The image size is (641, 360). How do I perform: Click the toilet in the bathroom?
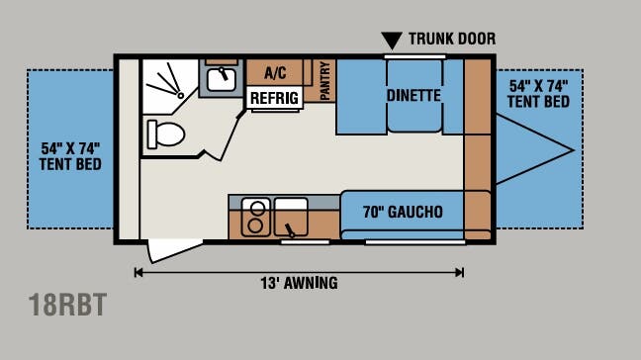point(165,135)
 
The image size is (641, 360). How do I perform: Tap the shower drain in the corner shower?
point(180,95)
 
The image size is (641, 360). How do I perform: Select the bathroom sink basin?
point(222,80)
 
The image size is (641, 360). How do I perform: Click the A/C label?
point(275,73)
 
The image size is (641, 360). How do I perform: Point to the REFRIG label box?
point(274,98)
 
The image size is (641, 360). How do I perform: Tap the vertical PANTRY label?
point(324,80)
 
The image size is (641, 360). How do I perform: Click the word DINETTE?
point(413,96)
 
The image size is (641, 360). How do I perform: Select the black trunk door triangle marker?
point(392,41)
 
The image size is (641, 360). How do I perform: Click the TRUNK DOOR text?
point(452,39)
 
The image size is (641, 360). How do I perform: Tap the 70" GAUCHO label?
point(403,212)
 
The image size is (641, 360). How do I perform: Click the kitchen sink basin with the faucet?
point(291,217)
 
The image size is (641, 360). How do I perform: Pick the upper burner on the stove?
point(257,209)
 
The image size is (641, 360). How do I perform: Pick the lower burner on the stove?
point(255,225)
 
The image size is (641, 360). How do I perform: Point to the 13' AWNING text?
point(300,283)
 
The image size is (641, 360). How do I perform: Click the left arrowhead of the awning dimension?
point(138,273)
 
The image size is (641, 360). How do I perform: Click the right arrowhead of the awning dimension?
point(460,273)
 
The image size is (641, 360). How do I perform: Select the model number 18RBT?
point(67,305)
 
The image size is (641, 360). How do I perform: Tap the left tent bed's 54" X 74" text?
point(70,148)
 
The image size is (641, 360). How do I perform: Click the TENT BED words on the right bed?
point(538,101)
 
